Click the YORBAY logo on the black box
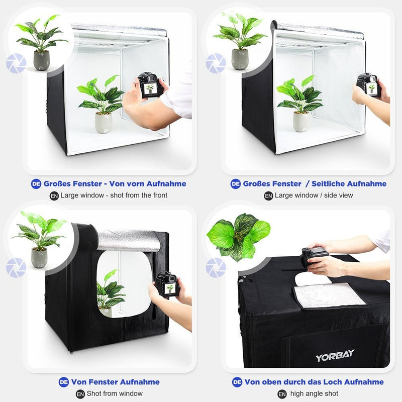coord(335,356)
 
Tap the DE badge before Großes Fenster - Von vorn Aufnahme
coord(36,184)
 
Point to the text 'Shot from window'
coord(115,393)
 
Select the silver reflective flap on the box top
coord(329,295)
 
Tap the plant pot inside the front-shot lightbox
coord(104,122)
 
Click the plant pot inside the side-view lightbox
coord(301,121)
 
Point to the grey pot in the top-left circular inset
coord(41,60)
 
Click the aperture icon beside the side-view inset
coord(216,64)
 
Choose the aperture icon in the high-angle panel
coord(216,268)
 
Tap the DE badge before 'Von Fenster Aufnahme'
coord(64,382)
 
